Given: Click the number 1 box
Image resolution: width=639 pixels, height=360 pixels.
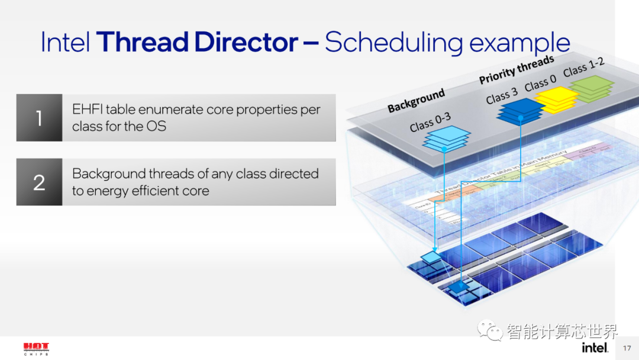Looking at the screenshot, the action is [39, 118].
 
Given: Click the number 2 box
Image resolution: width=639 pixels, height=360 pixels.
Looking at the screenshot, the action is [39, 182].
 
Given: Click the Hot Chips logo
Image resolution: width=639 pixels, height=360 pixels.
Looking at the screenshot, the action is [36, 348].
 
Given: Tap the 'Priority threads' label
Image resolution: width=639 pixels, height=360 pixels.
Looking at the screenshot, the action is [516, 69].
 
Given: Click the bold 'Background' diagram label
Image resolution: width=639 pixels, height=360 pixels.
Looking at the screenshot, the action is [416, 101].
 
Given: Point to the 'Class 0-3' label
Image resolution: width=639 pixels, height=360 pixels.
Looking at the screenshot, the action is [430, 122].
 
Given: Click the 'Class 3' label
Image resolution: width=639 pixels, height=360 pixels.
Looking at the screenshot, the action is [502, 95].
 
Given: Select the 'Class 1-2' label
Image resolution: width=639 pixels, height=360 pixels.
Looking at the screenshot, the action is [583, 67].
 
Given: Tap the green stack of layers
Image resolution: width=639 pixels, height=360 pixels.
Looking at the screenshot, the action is [591, 89].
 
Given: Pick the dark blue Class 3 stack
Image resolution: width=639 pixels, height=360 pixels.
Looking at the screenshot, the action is [519, 110].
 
